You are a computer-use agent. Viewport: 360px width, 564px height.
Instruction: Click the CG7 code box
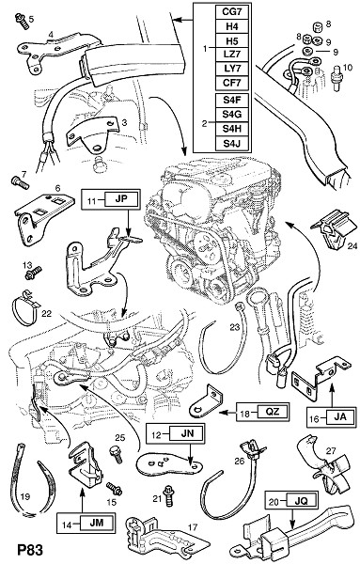pos(232,12)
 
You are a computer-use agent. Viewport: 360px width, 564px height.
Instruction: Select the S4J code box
pos(232,144)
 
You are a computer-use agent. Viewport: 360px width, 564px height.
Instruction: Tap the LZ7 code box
pos(232,55)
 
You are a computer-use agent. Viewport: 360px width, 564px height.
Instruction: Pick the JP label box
pos(121,199)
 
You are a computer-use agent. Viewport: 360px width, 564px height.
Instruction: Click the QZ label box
pos(273,411)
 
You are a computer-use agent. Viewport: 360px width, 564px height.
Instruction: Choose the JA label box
pos(340,417)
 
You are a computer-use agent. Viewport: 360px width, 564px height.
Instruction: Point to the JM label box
pos(97,524)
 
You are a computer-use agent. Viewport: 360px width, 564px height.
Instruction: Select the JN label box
pos(187,433)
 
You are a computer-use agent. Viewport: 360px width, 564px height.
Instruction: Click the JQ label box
pos(301,500)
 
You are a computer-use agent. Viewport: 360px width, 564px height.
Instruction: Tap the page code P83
pos(31,550)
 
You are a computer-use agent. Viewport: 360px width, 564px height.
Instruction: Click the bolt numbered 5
pos(22,21)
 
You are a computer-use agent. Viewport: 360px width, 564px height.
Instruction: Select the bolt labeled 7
pos(20,183)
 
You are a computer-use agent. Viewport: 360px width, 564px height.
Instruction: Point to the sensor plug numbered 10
pos(337,78)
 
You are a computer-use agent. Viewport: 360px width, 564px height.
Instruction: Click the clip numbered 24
pos(333,230)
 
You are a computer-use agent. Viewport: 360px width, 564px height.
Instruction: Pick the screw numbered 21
pos(167,495)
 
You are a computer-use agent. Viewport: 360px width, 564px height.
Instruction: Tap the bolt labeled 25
pos(116,453)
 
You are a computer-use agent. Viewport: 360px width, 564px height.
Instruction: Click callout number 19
pos(25,496)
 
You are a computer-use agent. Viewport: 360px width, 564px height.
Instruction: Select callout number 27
pos(331,450)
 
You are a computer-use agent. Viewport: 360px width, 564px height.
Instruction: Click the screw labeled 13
pos(33,273)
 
